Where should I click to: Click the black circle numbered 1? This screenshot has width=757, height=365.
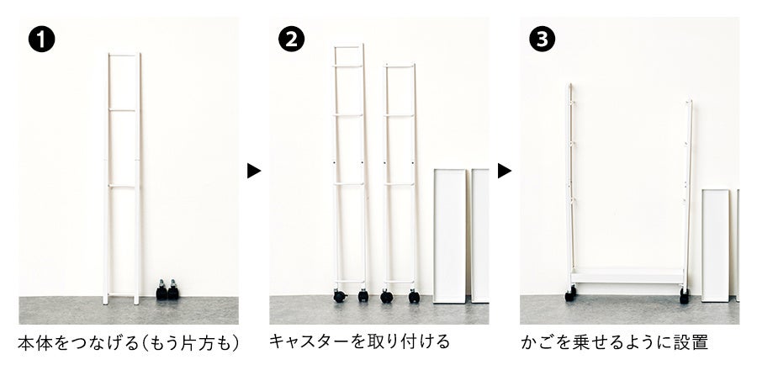point(41,40)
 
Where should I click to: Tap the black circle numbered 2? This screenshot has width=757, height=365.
point(292,40)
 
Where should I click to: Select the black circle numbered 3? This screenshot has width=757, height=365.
point(543,40)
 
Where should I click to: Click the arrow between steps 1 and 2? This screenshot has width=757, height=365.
point(254,171)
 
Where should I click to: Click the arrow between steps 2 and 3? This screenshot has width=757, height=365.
point(505,171)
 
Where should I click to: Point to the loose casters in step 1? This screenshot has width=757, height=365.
point(167,289)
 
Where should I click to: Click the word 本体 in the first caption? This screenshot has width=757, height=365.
point(34,344)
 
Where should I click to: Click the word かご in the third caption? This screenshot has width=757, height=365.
point(537,342)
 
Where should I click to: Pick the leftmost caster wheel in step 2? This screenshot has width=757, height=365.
point(340,296)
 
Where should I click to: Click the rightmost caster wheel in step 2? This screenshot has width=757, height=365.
point(414,296)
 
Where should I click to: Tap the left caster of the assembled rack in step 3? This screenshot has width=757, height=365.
point(571,294)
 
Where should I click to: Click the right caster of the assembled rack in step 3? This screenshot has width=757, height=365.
point(684,295)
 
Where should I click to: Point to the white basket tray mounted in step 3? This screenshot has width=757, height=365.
point(627,276)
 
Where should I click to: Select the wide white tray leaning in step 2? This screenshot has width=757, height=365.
point(450,236)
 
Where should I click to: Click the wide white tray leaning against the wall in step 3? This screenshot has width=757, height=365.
point(716,246)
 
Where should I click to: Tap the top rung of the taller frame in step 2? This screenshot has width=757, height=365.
point(349,47)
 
